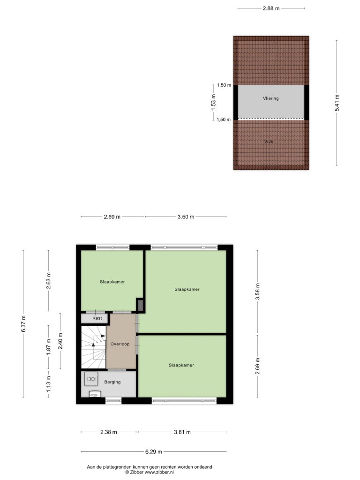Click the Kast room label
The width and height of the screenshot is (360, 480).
tap(97, 318)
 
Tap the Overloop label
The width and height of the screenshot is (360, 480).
tap(120, 344)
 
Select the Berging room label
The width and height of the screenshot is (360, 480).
tap(112, 382)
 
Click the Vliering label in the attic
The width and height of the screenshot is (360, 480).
tap(271, 98)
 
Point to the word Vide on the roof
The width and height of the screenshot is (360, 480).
tap(269, 142)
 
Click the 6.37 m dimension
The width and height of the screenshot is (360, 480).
tap(23, 323)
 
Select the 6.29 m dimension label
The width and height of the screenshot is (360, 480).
tap(154, 451)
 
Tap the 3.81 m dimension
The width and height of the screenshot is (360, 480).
tap(182, 432)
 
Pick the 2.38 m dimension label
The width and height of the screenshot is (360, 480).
tap(109, 432)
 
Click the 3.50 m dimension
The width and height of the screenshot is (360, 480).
tap(186, 217)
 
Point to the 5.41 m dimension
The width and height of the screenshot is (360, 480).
tap(337, 103)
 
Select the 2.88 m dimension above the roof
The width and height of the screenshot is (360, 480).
tap(271, 8)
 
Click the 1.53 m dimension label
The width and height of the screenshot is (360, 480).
tap(214, 102)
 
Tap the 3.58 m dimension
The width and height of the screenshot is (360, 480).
tap(257, 292)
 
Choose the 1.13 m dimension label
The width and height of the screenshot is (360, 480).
tap(49, 384)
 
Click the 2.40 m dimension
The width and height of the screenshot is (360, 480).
tap(60, 341)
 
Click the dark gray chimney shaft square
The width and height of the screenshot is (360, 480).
tap(140, 305)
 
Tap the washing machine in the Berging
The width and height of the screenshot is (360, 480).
tap(91, 379)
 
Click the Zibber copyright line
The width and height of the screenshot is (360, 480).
tap(150, 472)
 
